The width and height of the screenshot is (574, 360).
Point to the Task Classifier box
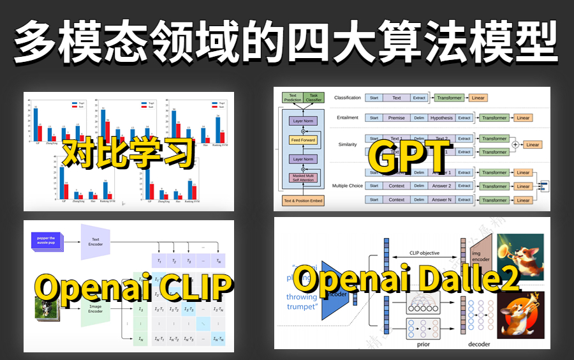pos(314,97)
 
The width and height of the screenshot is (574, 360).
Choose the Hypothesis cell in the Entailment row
pos(441,117)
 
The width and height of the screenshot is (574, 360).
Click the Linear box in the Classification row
pos(478,98)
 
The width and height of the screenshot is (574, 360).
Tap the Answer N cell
pos(441,200)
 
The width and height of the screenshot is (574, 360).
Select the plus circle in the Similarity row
pos(515,145)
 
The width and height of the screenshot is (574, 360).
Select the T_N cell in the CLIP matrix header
pos(218,261)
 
